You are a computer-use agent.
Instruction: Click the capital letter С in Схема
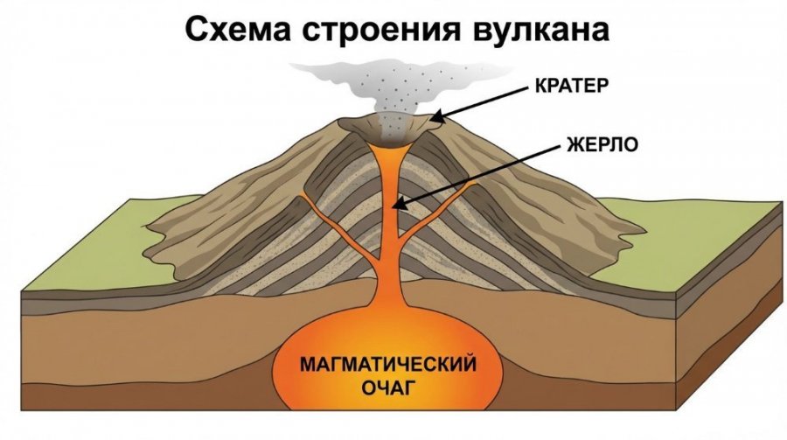(194, 31)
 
